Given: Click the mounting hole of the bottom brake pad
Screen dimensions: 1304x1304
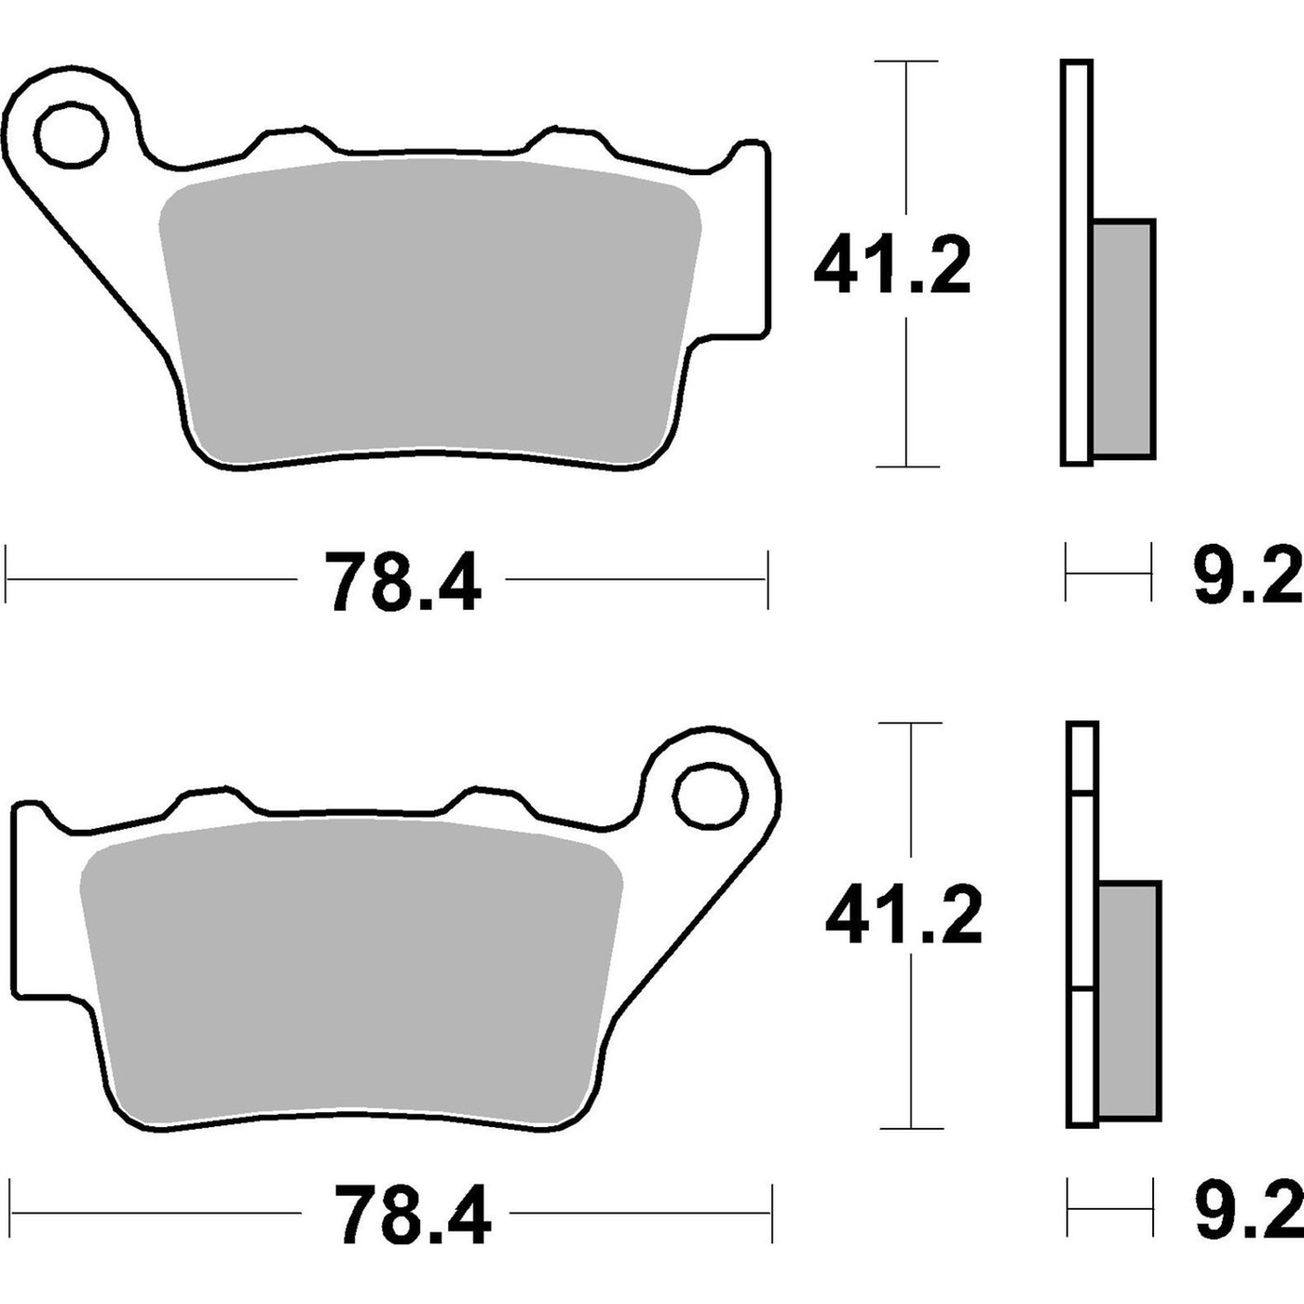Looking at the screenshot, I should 712,797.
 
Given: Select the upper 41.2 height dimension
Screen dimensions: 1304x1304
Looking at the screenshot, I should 891,266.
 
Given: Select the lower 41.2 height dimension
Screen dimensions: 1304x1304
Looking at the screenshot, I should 903,917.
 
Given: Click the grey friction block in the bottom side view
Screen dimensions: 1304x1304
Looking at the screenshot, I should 1130,1001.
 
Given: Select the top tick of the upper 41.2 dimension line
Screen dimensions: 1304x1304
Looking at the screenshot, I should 906,61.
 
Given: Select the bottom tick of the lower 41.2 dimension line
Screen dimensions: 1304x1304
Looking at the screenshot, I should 912,1128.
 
